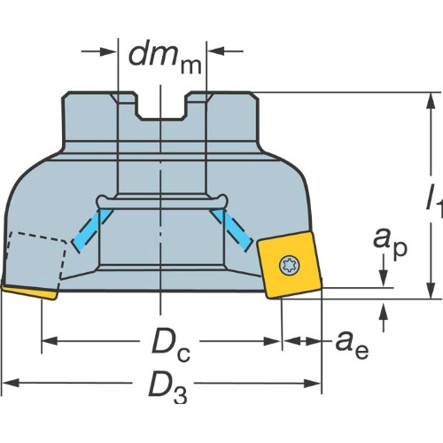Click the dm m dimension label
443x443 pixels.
pyautogui.click(x=166, y=59)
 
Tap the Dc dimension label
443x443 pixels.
pyautogui.click(x=171, y=345)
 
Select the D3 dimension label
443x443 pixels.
pyautogui.click(x=167, y=387)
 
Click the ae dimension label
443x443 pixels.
pyautogui.click(x=352, y=345)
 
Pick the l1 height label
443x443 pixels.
pyautogui.click(x=434, y=201)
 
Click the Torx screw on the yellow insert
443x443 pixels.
pyautogui.click(x=290, y=265)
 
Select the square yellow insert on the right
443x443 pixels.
pyautogui.click(x=290, y=265)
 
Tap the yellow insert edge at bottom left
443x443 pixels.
pyautogui.click(x=29, y=292)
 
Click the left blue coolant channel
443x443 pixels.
pyautogui.click(x=92, y=230)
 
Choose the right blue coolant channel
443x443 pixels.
pyautogui.click(x=232, y=230)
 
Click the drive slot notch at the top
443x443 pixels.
pyautogui.click(x=161, y=107)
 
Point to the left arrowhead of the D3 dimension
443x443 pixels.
pyautogui.click(x=11, y=384)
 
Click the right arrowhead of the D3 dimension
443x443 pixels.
pyautogui.click(x=313, y=384)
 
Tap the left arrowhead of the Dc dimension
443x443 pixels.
pyautogui.click(x=49, y=341)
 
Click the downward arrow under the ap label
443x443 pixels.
pyautogui.click(x=384, y=272)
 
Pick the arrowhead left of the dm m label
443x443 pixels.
pyautogui.click(x=109, y=51)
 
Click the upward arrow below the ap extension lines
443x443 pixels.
pyautogui.click(x=384, y=317)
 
